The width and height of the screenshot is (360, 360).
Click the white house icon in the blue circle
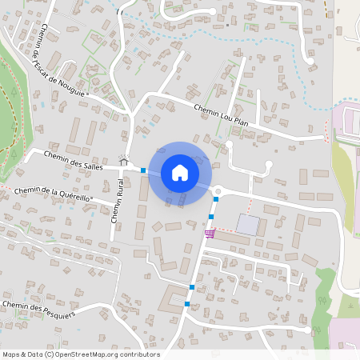(x=180, y=172)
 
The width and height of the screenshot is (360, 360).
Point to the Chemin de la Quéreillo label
(x=53, y=194)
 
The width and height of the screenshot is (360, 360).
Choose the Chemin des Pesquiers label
(x=38, y=308)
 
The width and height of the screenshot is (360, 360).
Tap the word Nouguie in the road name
(x=70, y=84)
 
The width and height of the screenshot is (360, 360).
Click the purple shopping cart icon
(x=210, y=234)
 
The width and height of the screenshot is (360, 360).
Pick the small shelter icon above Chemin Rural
(x=124, y=160)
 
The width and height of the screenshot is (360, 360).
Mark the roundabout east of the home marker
(x=218, y=190)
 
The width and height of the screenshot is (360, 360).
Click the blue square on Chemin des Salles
(x=143, y=170)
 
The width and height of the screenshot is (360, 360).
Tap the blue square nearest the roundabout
(x=216, y=198)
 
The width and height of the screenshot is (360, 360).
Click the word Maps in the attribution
(x=11, y=354)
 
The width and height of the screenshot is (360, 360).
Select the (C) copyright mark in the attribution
(x=50, y=354)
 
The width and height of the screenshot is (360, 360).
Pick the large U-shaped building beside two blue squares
(x=173, y=301)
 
